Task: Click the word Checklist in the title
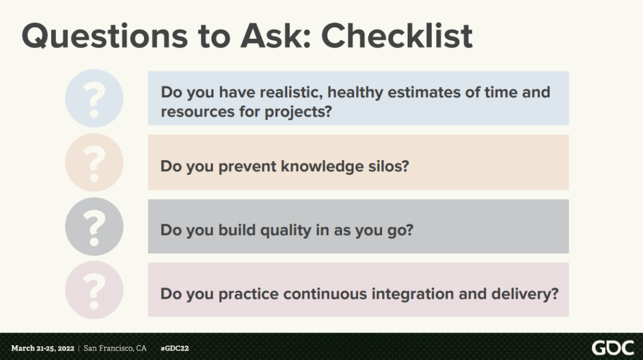tap(397, 36)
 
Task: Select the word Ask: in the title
tap(276, 36)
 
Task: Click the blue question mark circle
tap(94, 98)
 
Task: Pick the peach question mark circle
tap(94, 162)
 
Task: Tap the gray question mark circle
tap(94, 226)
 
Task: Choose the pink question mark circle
tap(94, 290)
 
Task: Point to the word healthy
tap(355, 93)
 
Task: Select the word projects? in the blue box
tap(298, 112)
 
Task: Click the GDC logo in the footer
tap(613, 348)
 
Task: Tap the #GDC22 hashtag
tap(174, 348)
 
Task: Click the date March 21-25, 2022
tap(43, 348)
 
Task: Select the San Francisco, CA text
tap(115, 348)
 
